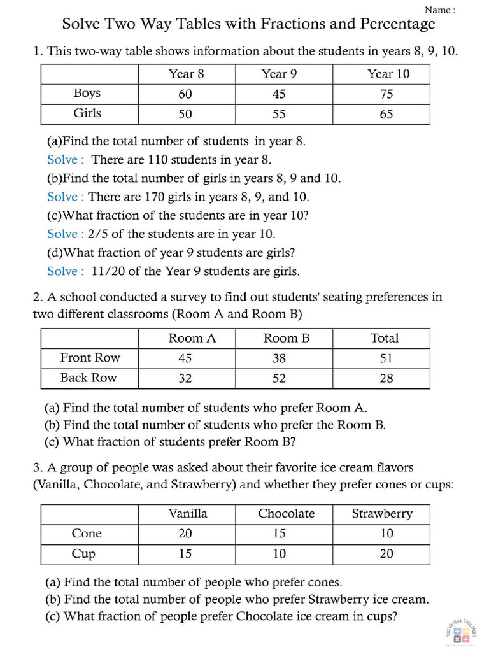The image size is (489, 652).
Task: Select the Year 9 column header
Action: click(279, 74)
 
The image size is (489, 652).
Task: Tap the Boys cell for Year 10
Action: click(386, 94)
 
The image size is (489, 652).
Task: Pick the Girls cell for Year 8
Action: click(185, 115)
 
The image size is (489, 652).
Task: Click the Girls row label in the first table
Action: click(87, 113)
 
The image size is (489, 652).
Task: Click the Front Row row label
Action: click(90, 357)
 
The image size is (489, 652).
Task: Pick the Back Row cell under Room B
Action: click(279, 378)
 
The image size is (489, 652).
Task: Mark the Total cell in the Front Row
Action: click(386, 358)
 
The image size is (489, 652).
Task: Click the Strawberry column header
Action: click(382, 513)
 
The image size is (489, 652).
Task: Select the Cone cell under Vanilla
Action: click(185, 534)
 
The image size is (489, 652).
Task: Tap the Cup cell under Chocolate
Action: click(279, 554)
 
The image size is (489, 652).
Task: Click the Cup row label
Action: click(83, 553)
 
